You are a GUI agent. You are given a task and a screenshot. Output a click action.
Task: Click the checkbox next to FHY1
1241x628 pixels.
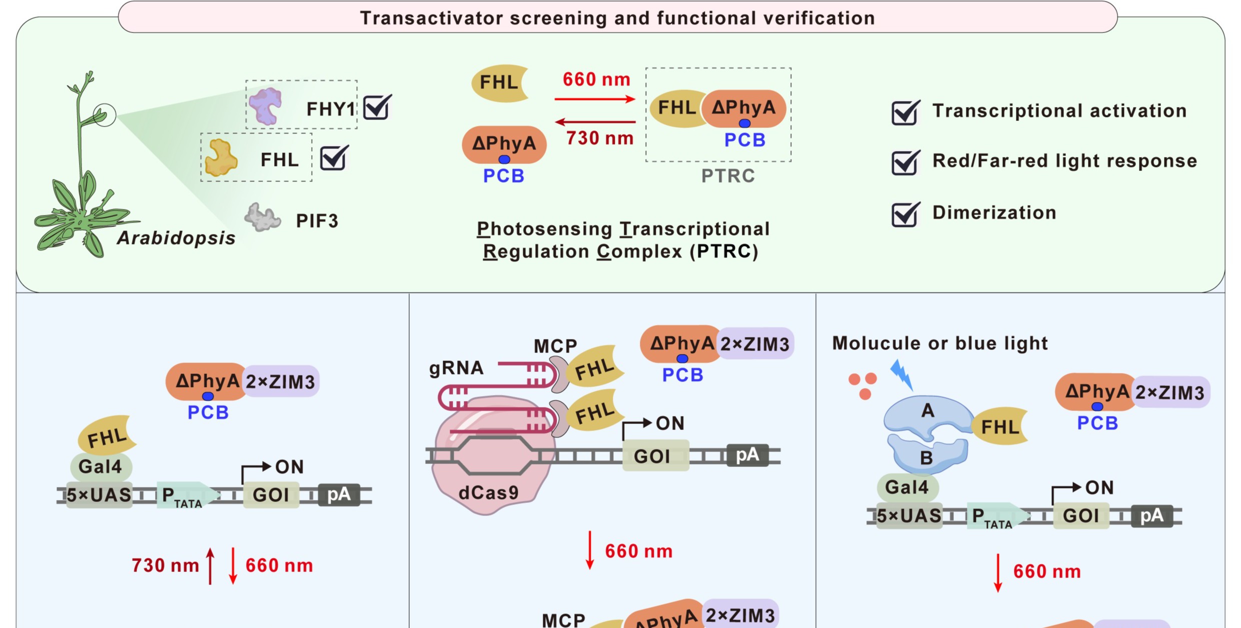(x=377, y=107)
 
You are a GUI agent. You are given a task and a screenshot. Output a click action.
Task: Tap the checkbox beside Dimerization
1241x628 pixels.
(x=905, y=214)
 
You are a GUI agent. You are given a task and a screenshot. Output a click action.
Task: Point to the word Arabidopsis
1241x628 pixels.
(x=176, y=238)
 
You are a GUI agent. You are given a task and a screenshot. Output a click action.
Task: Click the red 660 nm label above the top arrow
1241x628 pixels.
(x=596, y=79)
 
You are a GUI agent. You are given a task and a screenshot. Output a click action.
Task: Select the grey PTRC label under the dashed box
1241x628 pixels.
(x=728, y=176)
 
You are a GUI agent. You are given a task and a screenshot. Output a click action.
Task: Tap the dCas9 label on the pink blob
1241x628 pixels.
(x=488, y=493)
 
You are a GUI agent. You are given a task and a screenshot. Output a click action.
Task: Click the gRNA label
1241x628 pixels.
(x=456, y=368)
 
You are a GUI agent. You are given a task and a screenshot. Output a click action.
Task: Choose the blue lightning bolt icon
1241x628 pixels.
(x=902, y=374)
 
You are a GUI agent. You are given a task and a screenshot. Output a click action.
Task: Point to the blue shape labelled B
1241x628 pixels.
(x=926, y=455)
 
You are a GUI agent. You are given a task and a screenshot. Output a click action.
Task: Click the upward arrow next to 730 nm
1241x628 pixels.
(x=211, y=565)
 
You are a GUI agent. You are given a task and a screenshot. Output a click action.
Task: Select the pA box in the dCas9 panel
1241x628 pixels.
(x=747, y=455)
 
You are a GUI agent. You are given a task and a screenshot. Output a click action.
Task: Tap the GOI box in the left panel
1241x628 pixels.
(x=271, y=494)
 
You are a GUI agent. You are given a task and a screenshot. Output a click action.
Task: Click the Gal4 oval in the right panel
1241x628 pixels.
(x=907, y=487)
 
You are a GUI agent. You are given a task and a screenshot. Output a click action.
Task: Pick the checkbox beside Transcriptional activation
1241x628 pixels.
(x=905, y=112)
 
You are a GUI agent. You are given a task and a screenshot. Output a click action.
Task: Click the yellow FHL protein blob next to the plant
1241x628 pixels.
(x=221, y=158)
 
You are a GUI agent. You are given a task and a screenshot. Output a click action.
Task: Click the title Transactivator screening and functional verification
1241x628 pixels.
(x=617, y=18)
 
